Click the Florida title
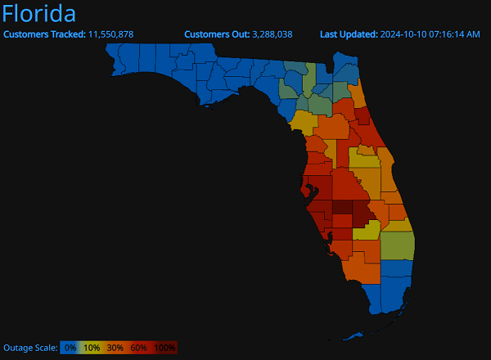point(40,14)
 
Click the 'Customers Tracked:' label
point(45,34)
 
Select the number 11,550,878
point(110,34)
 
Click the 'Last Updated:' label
point(349,34)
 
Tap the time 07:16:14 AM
point(455,34)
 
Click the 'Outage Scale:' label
point(30,348)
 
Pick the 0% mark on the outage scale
point(70,348)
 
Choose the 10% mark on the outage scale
point(92,348)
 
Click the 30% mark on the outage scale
point(115,348)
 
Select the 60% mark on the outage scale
point(139,348)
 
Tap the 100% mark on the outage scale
point(164,348)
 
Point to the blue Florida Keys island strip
point(357,334)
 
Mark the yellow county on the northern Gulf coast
point(302,123)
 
